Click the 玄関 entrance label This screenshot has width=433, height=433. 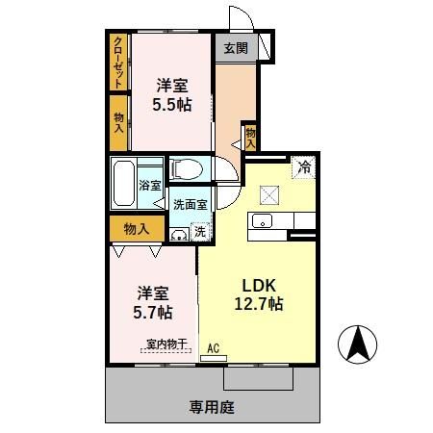click(236, 47)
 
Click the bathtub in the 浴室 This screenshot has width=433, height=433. click(122, 183)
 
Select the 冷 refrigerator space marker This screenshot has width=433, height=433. click(303, 165)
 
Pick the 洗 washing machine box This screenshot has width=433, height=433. click(199, 231)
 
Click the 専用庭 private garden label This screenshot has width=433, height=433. click(212, 407)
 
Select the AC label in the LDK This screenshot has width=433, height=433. click(214, 348)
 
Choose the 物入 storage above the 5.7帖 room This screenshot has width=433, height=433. click(136, 228)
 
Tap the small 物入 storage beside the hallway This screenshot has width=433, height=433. click(250, 138)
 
